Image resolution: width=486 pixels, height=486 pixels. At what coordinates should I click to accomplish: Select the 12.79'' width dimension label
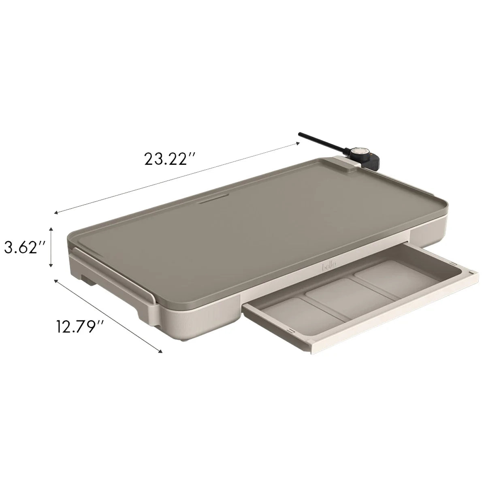pyautogui.click(x=79, y=326)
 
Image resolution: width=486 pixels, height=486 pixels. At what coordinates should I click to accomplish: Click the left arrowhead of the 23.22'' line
pyautogui.click(x=56, y=212)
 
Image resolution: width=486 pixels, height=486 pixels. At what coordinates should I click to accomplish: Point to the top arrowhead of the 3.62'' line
pyautogui.click(x=51, y=229)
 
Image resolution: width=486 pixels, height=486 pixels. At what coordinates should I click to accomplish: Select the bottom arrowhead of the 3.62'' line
pyautogui.click(x=51, y=266)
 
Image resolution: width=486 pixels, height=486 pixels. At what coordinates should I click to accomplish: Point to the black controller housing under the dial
pyautogui.click(x=373, y=160)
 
